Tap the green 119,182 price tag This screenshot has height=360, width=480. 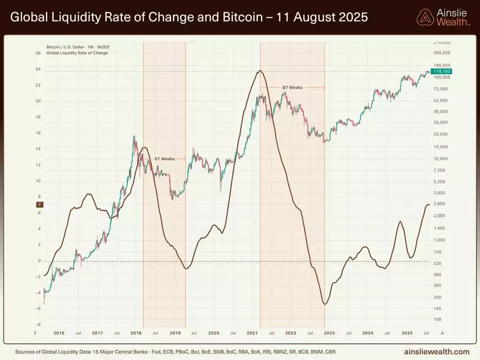click(x=442, y=71)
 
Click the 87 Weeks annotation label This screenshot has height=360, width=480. click(x=292, y=87)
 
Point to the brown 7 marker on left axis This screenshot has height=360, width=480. click(x=39, y=205)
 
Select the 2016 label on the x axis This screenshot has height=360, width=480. click(x=59, y=333)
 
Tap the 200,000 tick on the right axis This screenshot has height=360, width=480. click(x=442, y=53)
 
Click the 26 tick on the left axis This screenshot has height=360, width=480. click(x=38, y=53)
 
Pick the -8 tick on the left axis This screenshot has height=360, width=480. click(x=37, y=324)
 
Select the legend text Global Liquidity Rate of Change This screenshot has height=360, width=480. click(x=77, y=53)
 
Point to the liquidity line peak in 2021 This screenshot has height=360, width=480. click(x=260, y=71)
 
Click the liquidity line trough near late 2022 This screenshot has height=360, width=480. click(x=325, y=304)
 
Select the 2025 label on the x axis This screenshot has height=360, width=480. click(x=407, y=333)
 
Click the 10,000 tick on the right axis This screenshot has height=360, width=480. click(x=442, y=158)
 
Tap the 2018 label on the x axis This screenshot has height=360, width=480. click(x=136, y=333)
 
